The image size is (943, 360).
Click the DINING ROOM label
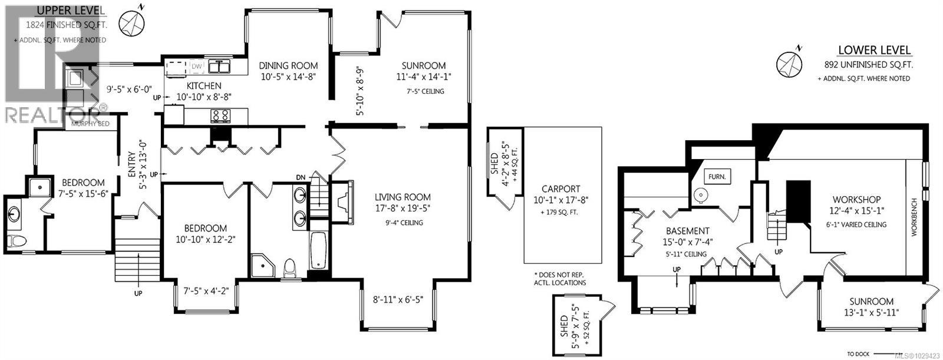point(289,66)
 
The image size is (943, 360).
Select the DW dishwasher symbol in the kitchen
point(196,66)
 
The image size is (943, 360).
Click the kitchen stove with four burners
point(221,115)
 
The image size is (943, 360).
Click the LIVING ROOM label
point(403,197)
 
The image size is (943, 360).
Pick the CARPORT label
point(562,189)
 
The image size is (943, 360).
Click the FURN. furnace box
point(717,176)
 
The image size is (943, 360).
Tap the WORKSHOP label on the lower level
point(856,200)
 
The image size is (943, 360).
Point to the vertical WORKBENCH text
point(915,217)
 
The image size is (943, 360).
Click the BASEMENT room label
point(687,231)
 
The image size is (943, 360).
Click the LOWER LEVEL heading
point(875,51)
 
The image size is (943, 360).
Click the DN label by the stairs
point(301,177)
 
